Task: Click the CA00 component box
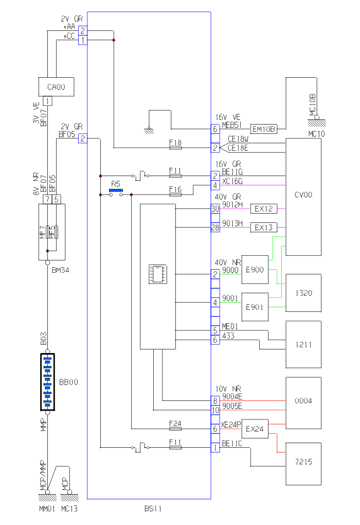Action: [56, 86]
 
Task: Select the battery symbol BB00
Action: [47, 382]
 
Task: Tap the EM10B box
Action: [264, 129]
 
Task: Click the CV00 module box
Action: [303, 196]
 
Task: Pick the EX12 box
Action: [263, 209]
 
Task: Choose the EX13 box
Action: [263, 227]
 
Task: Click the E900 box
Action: [255, 269]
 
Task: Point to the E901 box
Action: [255, 307]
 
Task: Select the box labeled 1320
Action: [303, 293]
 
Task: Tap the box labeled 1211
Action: [303, 344]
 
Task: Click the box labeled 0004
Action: [303, 400]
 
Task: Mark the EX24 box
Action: [255, 428]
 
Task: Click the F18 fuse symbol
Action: [175, 148]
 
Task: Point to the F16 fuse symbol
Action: [175, 195]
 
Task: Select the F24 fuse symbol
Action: [175, 428]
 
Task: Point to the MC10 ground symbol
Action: [316, 120]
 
